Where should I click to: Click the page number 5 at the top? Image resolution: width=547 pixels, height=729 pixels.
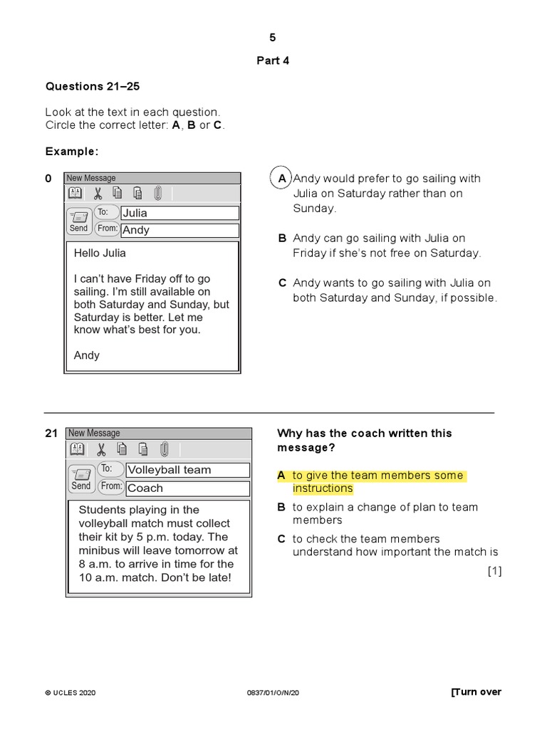pos(273,38)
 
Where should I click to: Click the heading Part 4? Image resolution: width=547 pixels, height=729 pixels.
pos(273,61)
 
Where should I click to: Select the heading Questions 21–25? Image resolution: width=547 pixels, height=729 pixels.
pos(93,86)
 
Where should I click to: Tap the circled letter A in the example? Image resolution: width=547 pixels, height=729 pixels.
pos(282,179)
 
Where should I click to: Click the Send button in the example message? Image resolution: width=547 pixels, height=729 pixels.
pos(79,221)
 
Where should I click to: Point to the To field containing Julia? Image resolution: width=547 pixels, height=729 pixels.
pos(179,213)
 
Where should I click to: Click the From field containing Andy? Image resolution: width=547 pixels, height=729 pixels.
pos(179,230)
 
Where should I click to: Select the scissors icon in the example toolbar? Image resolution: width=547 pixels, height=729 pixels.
pos(98,193)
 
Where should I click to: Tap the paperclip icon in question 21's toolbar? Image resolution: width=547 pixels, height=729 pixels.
pos(164,449)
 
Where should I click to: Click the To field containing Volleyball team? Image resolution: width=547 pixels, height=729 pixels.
pos(187,470)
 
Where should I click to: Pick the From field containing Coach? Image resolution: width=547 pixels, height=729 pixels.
pos(187,488)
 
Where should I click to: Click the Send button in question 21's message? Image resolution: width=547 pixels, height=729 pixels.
pos(81,479)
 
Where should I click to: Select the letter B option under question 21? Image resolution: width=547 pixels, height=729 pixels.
pos(281,508)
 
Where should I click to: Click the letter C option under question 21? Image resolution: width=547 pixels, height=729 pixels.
pos(281,539)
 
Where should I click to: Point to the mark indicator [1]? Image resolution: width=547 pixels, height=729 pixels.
pos(494,570)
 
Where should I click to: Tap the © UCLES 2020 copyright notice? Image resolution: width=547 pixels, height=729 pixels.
pos(71,693)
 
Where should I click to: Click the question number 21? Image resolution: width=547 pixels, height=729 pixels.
pos(51,433)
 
